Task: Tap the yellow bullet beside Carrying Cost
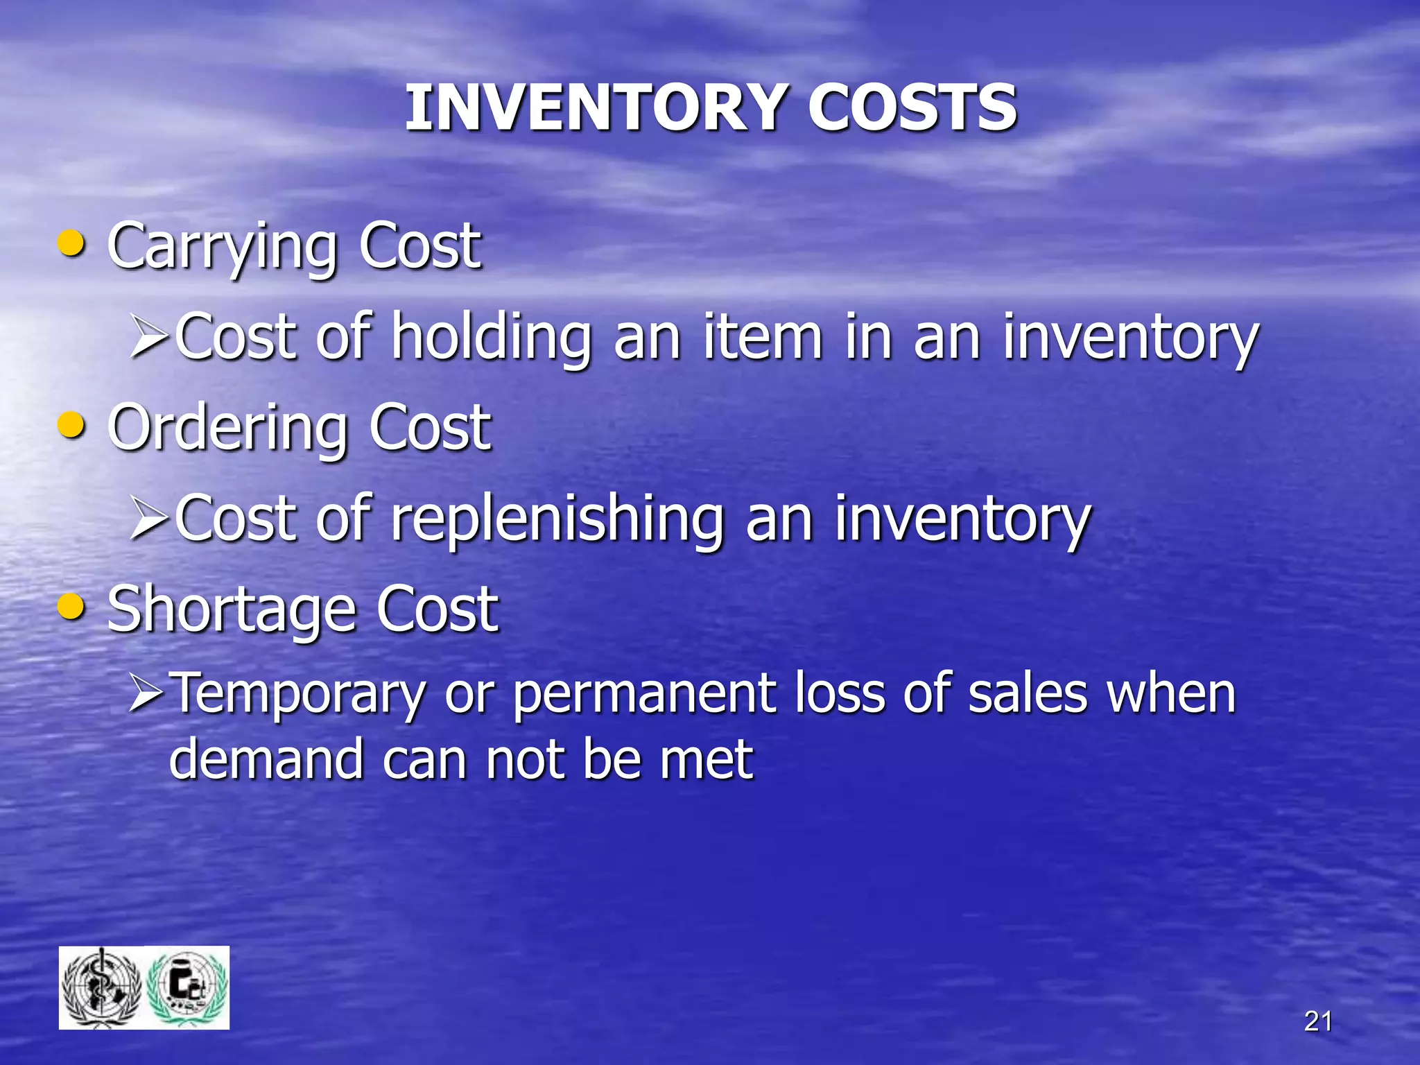point(72,244)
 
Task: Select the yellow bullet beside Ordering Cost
point(72,425)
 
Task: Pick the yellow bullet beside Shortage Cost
point(72,607)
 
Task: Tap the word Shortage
point(231,610)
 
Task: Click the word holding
point(492,338)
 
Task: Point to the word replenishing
point(557,520)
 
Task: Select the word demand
point(266,759)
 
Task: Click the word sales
point(1027,694)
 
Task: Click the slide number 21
point(1317,1021)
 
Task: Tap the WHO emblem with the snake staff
point(102,987)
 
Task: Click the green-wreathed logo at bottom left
point(188,987)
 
